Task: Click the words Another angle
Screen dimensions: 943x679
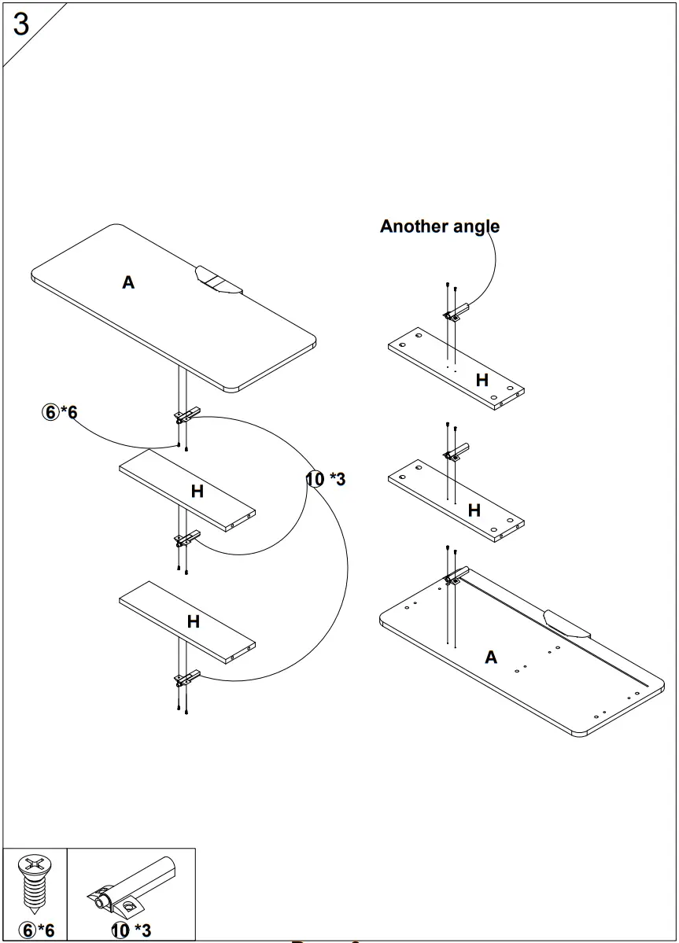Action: click(439, 227)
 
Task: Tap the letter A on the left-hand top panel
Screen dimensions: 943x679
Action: click(128, 282)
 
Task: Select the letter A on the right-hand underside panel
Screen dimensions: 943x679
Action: click(491, 657)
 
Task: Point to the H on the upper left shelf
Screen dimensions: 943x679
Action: click(197, 491)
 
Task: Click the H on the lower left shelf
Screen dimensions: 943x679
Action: click(193, 621)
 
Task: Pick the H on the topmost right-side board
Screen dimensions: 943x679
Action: click(482, 380)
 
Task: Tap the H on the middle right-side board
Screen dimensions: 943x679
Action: click(474, 510)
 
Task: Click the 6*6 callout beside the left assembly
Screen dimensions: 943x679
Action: click(60, 412)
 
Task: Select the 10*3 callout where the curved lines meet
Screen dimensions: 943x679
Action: click(326, 479)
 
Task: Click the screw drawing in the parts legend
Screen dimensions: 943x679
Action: click(35, 884)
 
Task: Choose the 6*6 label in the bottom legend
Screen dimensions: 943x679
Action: click(36, 930)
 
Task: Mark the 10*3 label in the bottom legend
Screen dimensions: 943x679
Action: click(131, 930)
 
